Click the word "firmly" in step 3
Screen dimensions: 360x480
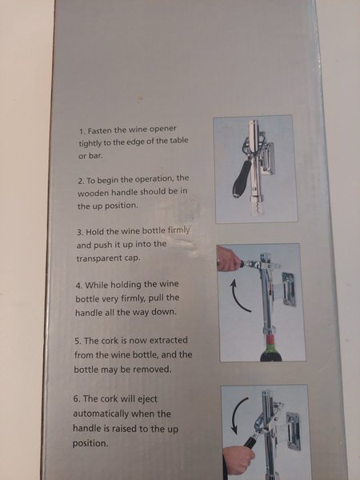(x=178, y=230)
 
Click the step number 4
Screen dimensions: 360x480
(x=78, y=286)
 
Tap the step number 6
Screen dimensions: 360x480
(x=77, y=399)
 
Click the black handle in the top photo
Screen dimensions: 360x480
(x=242, y=178)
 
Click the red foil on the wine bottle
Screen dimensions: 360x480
(x=270, y=340)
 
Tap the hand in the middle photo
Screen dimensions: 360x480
(x=228, y=259)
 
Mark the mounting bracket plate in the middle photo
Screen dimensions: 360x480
(x=288, y=290)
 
